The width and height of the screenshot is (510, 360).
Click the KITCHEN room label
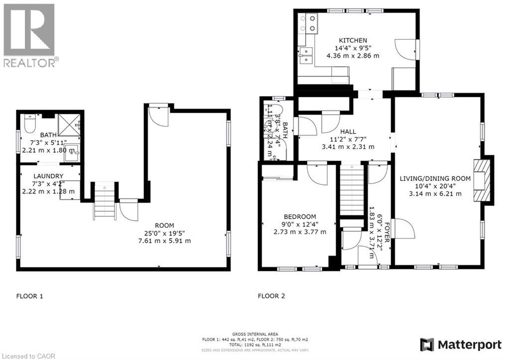tap(353, 40)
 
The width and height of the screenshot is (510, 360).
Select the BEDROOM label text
tap(300, 216)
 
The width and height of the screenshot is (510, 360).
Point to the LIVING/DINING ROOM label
tap(435, 178)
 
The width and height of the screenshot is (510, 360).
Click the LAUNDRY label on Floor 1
tap(48, 176)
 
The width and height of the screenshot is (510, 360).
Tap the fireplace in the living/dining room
tap(482, 180)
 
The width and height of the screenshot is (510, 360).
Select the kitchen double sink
tap(305, 55)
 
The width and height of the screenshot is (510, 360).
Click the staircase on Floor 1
tap(105, 201)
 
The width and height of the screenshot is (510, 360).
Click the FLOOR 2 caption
tap(271, 296)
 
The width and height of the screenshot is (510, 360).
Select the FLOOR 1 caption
tap(30, 296)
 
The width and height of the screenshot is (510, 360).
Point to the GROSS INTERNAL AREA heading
tap(255, 334)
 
